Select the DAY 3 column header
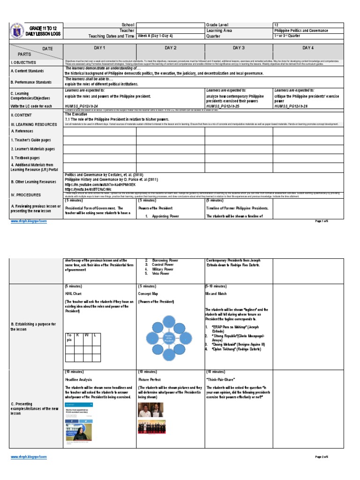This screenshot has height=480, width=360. click(239, 48)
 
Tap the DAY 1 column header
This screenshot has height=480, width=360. click(100, 48)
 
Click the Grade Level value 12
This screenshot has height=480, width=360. click(276, 25)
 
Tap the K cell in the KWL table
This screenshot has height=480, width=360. click(78, 336)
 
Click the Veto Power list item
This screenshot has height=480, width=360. click(162, 273)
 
